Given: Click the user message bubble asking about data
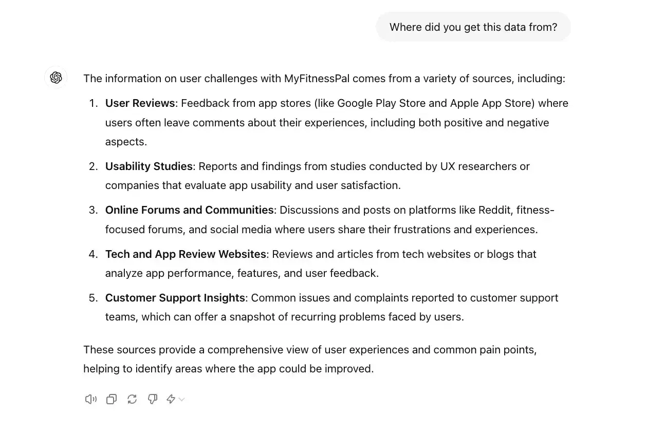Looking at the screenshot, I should coord(473,27).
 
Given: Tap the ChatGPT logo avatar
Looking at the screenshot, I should coord(56,78).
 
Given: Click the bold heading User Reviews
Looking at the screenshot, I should coord(140,103).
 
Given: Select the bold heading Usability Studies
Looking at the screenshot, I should coord(149,166).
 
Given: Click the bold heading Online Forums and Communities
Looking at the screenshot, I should coord(189,210).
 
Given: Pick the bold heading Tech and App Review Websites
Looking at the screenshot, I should coord(186,254).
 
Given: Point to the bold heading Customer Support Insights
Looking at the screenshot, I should coord(175,298).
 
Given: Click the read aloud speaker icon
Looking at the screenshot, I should coord(90,399).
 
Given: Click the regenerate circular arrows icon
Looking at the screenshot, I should coord(132,399).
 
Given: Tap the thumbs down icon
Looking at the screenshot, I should coord(153,399).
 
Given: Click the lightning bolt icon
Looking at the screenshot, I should coord(171,399).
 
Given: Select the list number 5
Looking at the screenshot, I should coord(93,298).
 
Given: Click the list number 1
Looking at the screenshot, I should coord(93,103).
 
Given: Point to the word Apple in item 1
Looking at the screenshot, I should coord(465,103).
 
